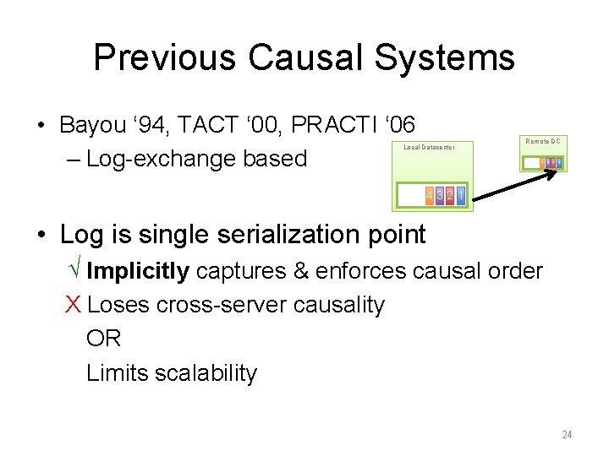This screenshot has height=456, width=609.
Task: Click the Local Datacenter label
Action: point(430,147)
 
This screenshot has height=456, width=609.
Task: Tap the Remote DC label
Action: point(543,141)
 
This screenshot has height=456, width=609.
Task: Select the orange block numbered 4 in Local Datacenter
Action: point(430,196)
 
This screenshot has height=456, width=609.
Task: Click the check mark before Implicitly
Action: point(74,271)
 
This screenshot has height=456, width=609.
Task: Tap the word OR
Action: point(103,339)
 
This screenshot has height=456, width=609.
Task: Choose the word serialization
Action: point(266,235)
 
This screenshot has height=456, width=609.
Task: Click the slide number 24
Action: point(567,435)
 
